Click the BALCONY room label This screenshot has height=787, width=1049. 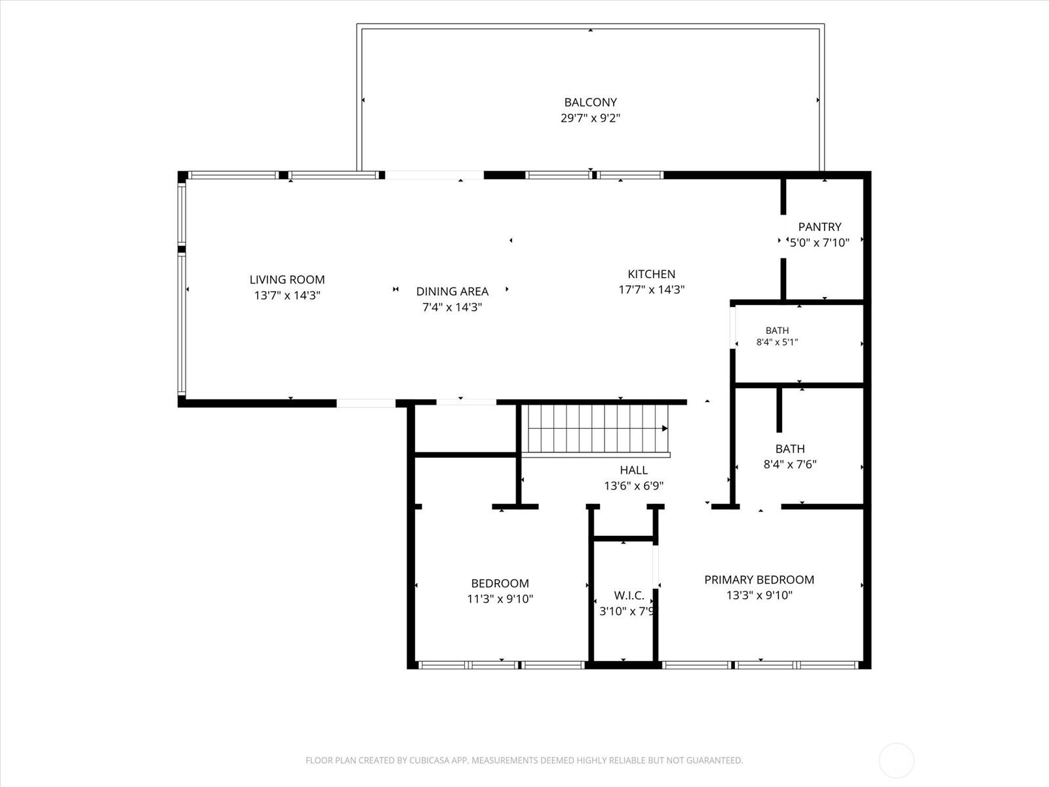pos(590,102)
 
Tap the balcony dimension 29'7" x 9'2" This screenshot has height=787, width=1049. pos(590,118)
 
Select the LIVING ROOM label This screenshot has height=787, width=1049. pos(287,279)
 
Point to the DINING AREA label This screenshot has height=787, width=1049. pos(452,291)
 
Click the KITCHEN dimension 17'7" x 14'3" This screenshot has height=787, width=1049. pos(652,290)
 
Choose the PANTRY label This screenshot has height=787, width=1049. pos(820,227)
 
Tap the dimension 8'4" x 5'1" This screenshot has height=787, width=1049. pos(777,342)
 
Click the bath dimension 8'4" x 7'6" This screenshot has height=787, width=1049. pos(790,464)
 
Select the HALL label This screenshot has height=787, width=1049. pos(634,470)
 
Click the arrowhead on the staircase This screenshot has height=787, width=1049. pos(665,429)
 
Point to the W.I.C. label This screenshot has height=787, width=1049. pos(629,596)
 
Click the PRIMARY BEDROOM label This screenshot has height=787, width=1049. pos(759,580)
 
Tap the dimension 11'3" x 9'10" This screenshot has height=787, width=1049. pos(500,599)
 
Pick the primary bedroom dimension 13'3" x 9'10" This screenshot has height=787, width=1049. pos(759,595)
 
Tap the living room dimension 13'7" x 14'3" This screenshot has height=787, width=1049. pos(287,295)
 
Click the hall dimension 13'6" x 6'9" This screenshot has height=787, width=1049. pos(634,486)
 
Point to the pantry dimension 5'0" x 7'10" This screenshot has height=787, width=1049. pos(819,243)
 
